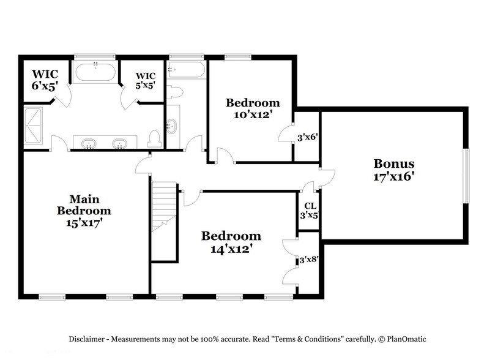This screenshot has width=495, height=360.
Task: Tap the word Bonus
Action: tap(394, 164)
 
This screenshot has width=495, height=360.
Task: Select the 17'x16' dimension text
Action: tap(394, 177)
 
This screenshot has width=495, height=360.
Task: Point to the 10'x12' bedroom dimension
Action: tap(253, 114)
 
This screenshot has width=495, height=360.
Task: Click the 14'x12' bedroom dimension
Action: tap(231, 249)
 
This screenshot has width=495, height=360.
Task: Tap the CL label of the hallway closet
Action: tap(310, 206)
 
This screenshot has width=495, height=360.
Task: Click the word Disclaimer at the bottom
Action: tap(86, 339)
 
